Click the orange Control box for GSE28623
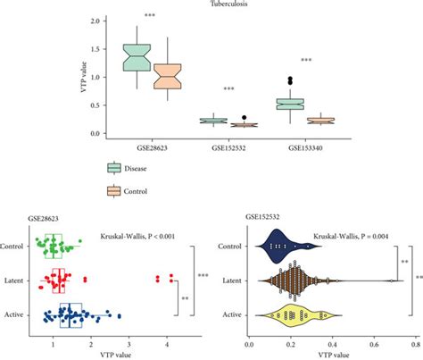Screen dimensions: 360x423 pyautogui.click(x=167, y=76)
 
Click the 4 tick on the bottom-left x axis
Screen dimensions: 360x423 pyautogui.click(x=170, y=341)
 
